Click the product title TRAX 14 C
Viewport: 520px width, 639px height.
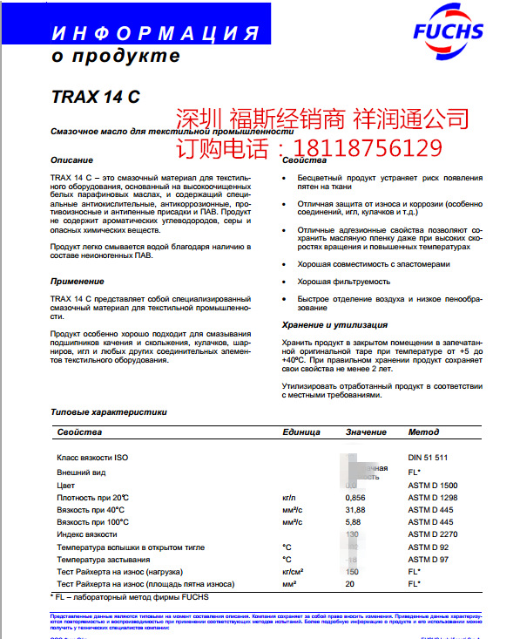[77, 97]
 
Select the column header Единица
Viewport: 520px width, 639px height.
[301, 432]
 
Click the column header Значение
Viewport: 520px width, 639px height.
[365, 432]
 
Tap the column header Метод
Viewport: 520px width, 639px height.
[423, 432]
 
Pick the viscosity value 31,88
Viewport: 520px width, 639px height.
[355, 509]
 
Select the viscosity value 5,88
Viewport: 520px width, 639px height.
[354, 521]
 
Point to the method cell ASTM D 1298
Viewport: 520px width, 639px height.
[433, 497]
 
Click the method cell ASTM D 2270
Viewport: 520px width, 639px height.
[433, 534]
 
